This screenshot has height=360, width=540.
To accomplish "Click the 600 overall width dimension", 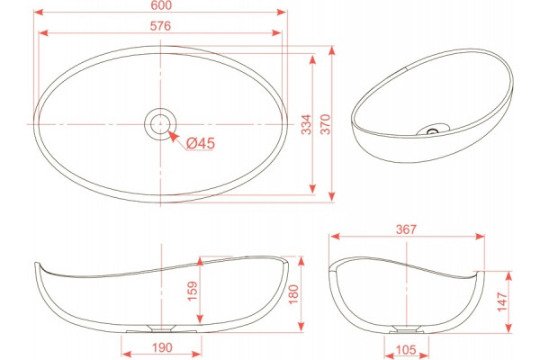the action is tap(161, 5).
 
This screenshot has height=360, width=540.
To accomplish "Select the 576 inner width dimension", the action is tap(160, 26).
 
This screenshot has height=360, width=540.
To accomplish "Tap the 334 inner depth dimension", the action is tap(306, 124).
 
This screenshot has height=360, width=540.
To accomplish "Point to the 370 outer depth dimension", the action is tap(326, 124).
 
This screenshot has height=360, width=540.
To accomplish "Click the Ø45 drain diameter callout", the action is tap(201, 143).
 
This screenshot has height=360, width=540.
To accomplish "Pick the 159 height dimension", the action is tap(193, 291).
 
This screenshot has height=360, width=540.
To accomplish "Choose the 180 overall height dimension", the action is tap(293, 294).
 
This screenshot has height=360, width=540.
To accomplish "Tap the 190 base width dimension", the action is tap(162, 347).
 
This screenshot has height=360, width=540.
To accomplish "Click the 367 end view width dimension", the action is tap(406, 229).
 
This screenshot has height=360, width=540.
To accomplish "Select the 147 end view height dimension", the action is tap(502, 301).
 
